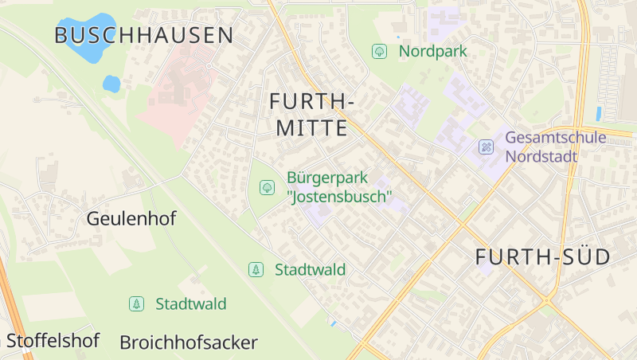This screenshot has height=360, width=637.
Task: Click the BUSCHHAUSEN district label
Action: tap(144, 35)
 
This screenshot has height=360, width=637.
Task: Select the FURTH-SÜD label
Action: tap(542, 257)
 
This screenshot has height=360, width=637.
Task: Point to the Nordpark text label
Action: tap(432, 52)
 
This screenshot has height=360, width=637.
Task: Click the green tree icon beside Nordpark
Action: tap(380, 52)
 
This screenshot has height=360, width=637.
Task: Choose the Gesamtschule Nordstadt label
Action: tap(555, 147)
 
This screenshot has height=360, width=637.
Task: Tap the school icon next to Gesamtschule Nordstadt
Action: tap(486, 147)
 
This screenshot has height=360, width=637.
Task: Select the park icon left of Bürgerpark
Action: tap(267, 187)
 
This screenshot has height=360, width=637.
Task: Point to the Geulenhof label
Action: tap(131, 218)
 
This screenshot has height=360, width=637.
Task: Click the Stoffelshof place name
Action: tap(53, 342)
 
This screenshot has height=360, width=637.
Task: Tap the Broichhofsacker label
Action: tap(189, 342)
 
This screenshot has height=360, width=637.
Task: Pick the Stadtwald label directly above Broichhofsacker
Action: tap(191, 303)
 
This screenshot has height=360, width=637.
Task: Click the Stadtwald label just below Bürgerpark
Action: tap(310, 270)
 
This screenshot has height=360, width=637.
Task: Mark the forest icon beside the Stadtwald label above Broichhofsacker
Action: tap(137, 303)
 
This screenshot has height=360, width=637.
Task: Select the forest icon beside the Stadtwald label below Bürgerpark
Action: tap(256, 270)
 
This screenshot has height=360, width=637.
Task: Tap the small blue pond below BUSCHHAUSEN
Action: tap(111, 84)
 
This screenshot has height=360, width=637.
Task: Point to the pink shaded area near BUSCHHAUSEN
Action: tap(179, 96)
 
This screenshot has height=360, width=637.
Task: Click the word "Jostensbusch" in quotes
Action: tap(339, 196)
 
